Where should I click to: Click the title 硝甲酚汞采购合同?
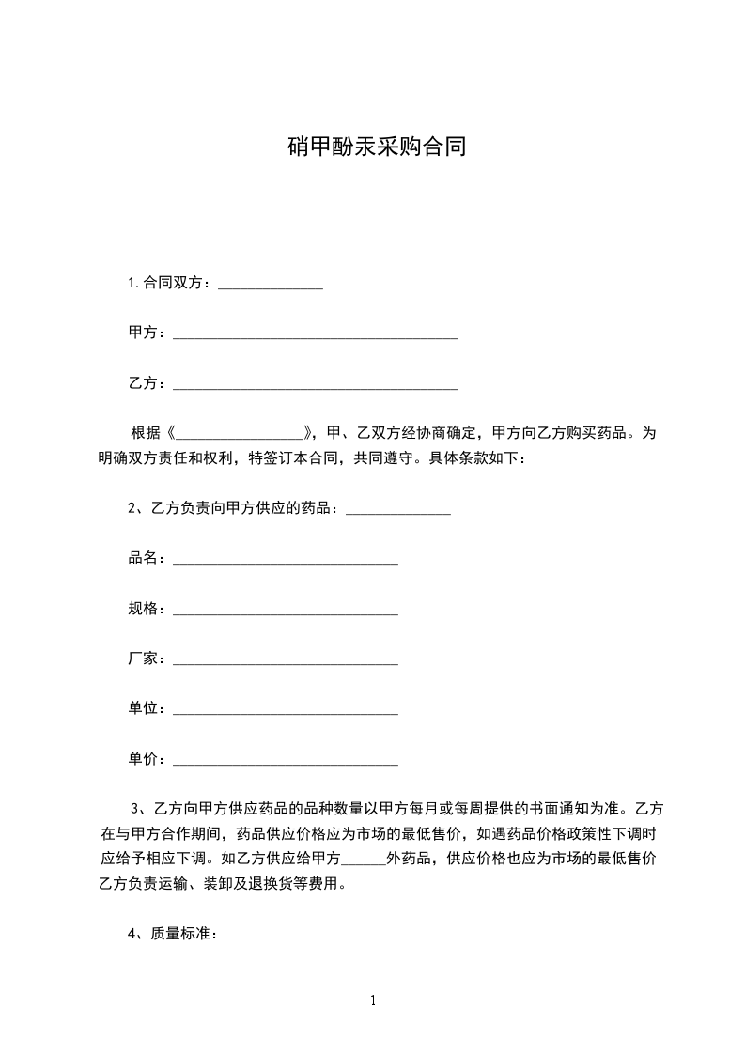pyautogui.click(x=376, y=147)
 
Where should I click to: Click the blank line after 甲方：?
pyautogui.click(x=316, y=335)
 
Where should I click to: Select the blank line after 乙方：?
pyautogui.click(x=316, y=385)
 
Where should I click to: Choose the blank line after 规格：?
pyautogui.click(x=286, y=612)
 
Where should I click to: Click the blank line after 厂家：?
pyautogui.click(x=286, y=661)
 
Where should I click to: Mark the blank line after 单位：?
pyautogui.click(x=286, y=711)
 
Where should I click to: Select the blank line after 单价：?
pyautogui.click(x=286, y=761)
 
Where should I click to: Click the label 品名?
pyautogui.click(x=143, y=559)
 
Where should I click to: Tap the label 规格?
pyautogui.click(x=143, y=609)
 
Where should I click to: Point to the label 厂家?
pyautogui.click(x=143, y=659)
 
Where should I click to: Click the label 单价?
pyautogui.click(x=143, y=758)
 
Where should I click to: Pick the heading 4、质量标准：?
pyautogui.click(x=174, y=935)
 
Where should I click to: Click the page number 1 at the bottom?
pyautogui.click(x=373, y=1000)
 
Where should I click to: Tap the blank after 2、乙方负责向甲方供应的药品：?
pyautogui.click(x=398, y=511)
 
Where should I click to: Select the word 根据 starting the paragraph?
pyautogui.click(x=146, y=434)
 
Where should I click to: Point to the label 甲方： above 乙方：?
pyautogui.click(x=147, y=333)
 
